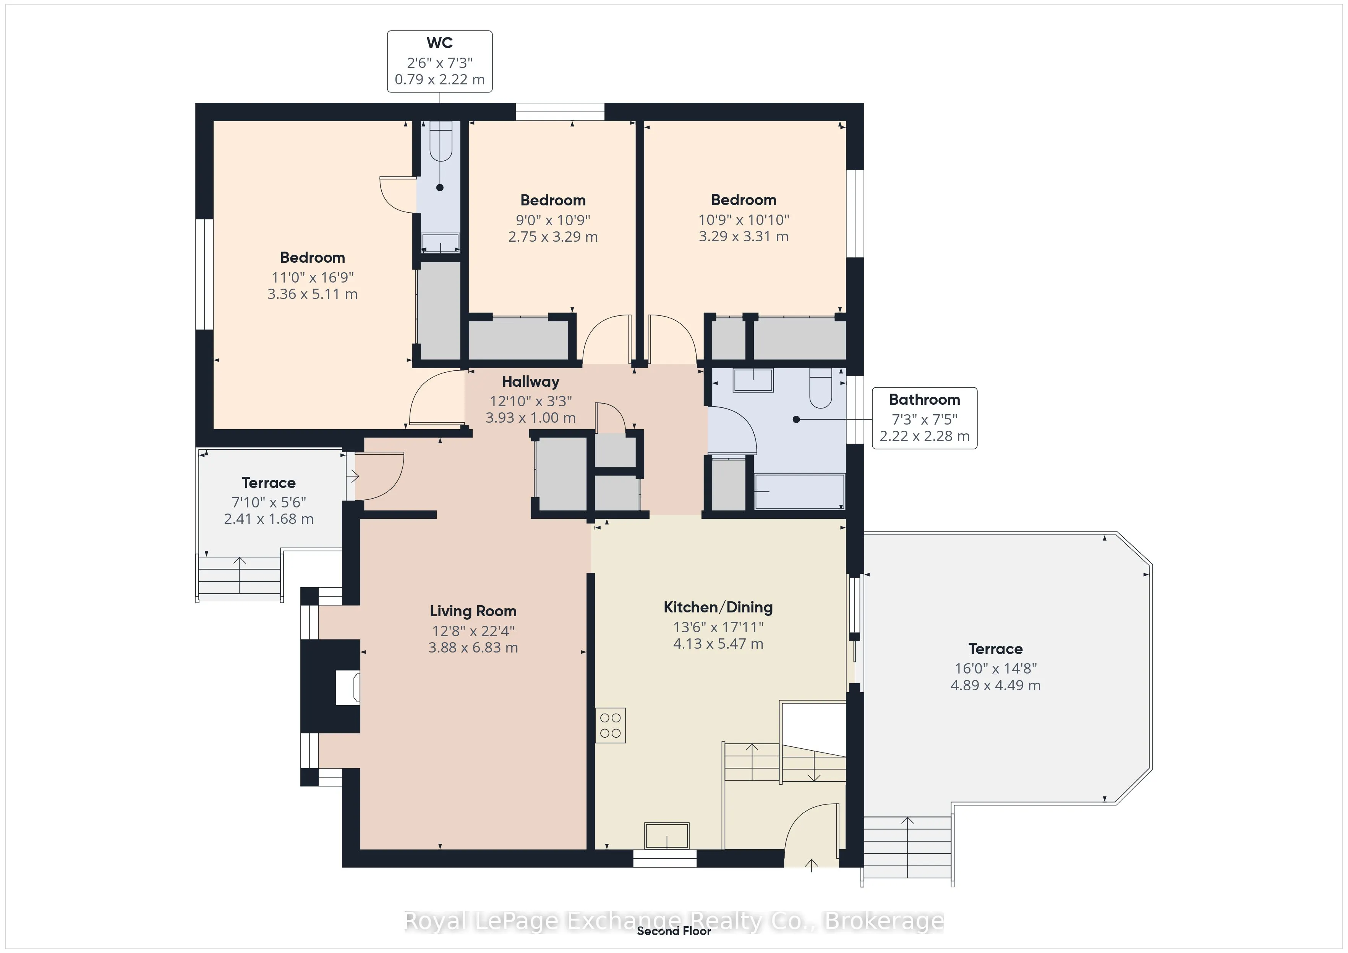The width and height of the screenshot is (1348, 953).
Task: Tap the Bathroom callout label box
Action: pyautogui.click(x=924, y=418)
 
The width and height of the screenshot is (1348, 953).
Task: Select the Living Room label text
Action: pyautogui.click(x=473, y=611)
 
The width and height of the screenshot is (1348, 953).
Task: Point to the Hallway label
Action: pyautogui.click(x=531, y=381)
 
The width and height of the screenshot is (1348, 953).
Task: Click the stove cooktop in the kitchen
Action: pyautogui.click(x=611, y=726)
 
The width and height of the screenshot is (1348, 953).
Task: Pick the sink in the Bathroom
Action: pyautogui.click(x=753, y=380)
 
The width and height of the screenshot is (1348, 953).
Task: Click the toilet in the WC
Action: pyautogui.click(x=440, y=141)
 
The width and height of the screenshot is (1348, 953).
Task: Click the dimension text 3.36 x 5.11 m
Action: pyautogui.click(x=312, y=294)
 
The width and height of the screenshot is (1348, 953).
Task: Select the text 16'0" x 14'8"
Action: pyautogui.click(x=996, y=669)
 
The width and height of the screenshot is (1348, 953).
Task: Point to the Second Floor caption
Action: pyautogui.click(x=674, y=931)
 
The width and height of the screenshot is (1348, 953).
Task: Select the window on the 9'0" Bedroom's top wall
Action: pyautogui.click(x=560, y=111)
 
